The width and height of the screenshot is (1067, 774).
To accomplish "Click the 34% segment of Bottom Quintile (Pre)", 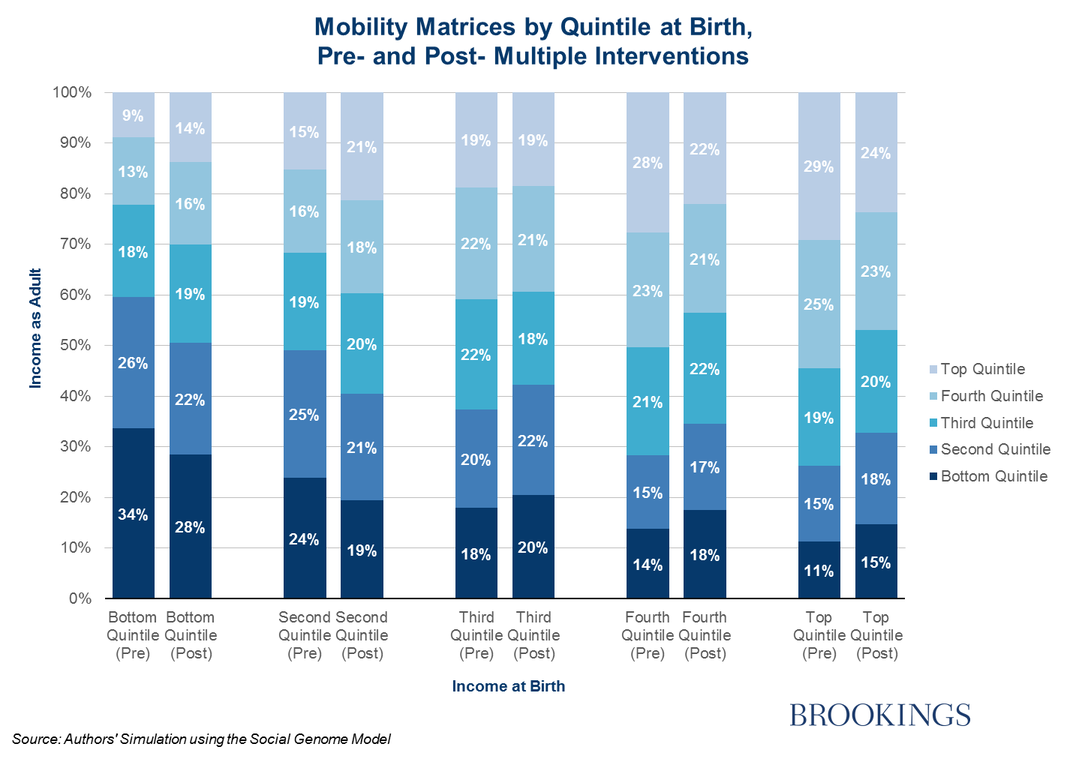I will [133, 514].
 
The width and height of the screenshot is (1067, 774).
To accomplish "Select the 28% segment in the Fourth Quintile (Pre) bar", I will [648, 163].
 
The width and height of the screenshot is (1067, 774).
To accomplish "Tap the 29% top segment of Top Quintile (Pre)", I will [819, 166].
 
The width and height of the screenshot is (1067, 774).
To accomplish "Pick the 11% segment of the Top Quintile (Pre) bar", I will [819, 570].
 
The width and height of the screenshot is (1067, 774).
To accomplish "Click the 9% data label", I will [133, 115].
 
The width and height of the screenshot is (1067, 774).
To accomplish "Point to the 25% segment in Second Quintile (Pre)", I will [304, 414].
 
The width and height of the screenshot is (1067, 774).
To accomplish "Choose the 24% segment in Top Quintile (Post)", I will [876, 153].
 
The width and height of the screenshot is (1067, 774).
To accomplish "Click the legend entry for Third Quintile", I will [986, 423].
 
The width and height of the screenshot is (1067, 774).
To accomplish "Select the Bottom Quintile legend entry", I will [993, 476].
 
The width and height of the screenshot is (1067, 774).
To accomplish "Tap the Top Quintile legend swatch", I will [933, 370].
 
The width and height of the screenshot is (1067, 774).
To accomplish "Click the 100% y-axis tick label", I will [71, 92].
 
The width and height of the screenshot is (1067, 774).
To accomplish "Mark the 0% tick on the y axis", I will [80, 598].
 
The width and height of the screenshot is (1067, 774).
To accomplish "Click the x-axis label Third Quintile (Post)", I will [533, 635].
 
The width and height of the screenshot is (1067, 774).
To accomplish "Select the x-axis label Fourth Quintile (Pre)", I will [648, 635].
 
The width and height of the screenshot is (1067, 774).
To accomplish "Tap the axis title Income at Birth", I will [508, 686].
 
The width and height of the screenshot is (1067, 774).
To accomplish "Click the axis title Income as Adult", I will [35, 328].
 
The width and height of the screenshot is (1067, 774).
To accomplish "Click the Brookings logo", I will [879, 715].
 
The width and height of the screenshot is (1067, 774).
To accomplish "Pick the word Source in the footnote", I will [35, 739].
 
